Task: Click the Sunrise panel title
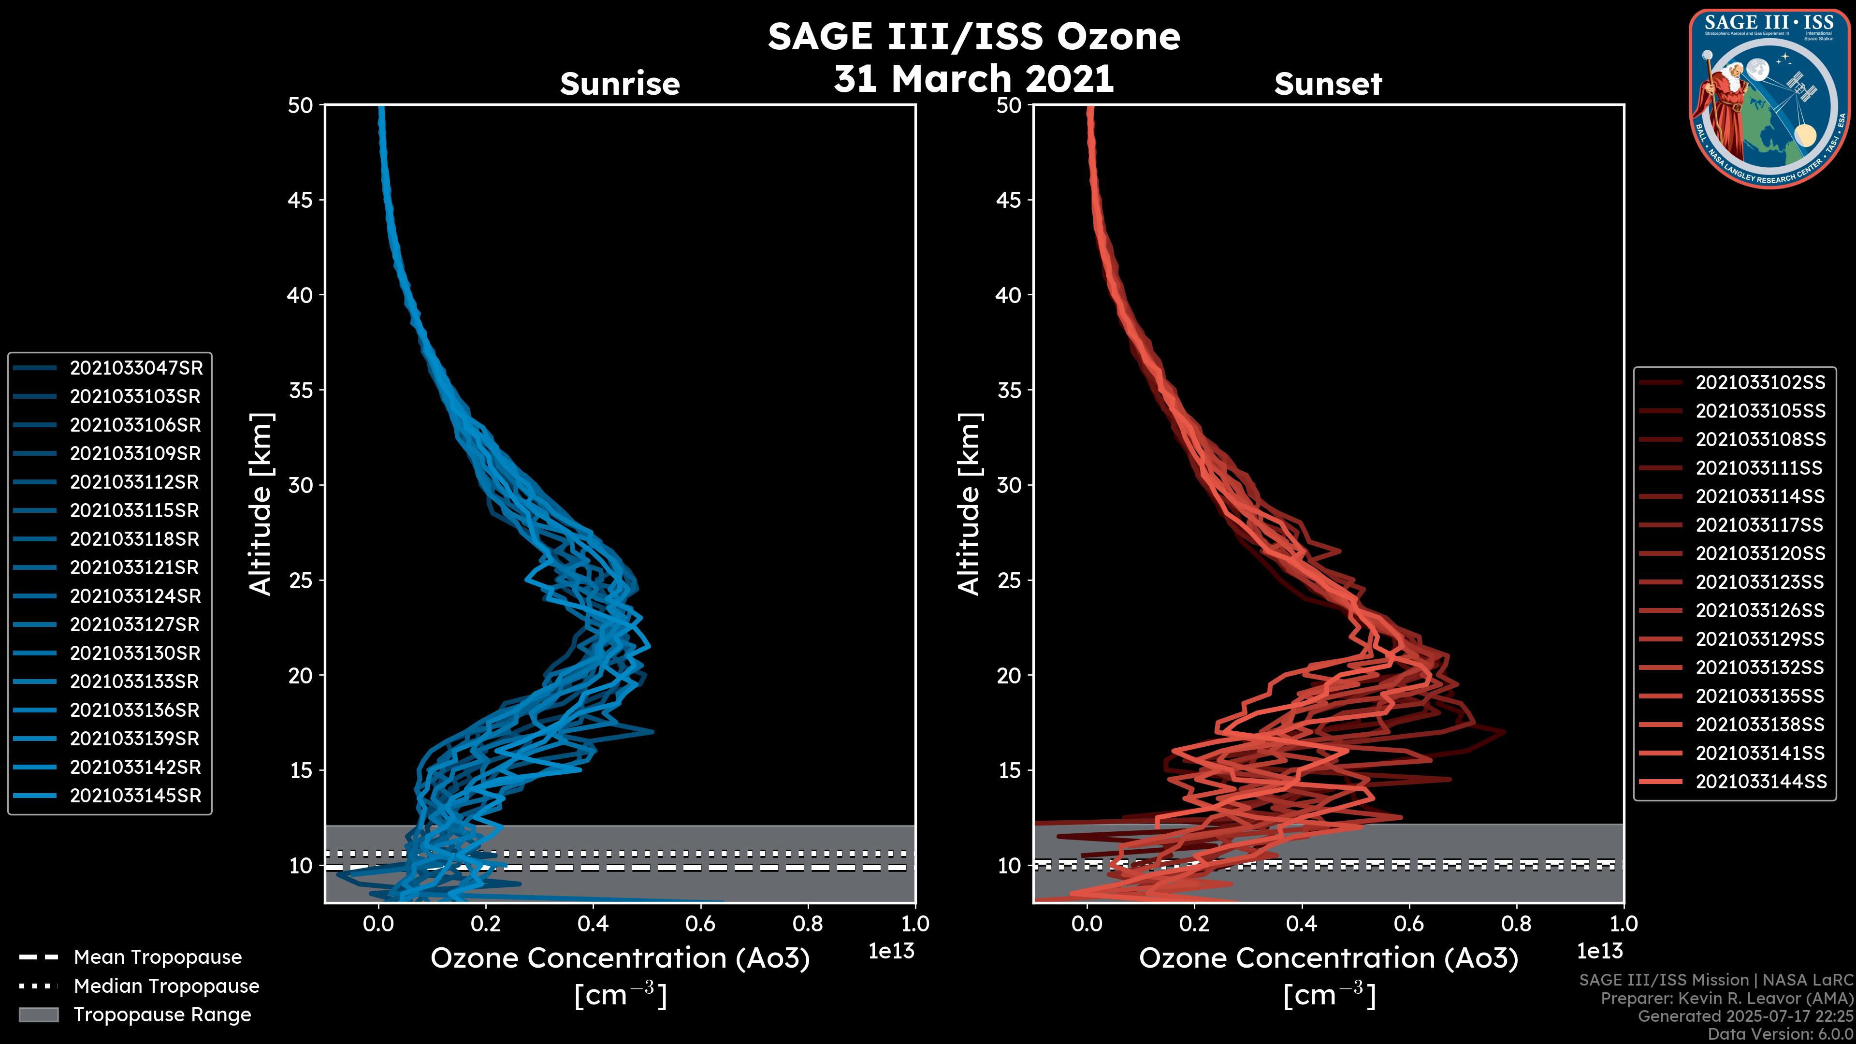point(620,84)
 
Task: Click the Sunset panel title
point(1328,84)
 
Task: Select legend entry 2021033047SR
point(135,368)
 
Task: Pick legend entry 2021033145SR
point(135,796)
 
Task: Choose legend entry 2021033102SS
point(1760,383)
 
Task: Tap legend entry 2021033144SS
point(1760,782)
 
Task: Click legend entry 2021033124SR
point(135,596)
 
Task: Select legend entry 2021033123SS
point(1760,582)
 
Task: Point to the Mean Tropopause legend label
point(157,957)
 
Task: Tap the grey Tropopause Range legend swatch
point(38,1015)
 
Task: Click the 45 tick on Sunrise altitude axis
point(301,200)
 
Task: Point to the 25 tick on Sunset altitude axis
point(1009,580)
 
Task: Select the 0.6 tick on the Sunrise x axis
point(699,924)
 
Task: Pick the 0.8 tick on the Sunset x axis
point(1516,924)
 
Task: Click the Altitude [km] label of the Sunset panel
point(969,504)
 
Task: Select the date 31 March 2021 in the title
point(973,78)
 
